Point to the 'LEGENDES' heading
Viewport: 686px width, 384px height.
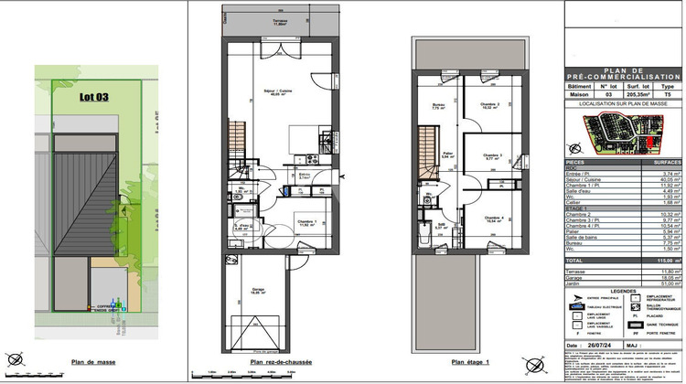click(624, 316)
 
